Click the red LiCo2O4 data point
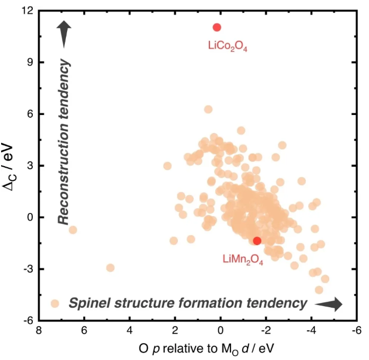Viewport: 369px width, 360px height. point(217,27)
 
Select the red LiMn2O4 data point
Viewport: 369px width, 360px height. point(257,241)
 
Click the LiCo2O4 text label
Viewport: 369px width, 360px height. point(228,46)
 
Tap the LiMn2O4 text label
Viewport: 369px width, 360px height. point(243,259)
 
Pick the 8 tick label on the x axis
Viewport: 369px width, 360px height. point(39,331)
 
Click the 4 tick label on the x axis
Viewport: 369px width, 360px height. point(130,331)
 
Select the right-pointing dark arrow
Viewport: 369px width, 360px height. point(330,304)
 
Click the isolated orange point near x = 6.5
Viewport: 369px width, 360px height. point(72,230)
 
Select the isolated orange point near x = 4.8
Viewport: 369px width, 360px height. point(110,267)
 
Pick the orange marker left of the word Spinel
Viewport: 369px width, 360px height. point(54,303)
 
